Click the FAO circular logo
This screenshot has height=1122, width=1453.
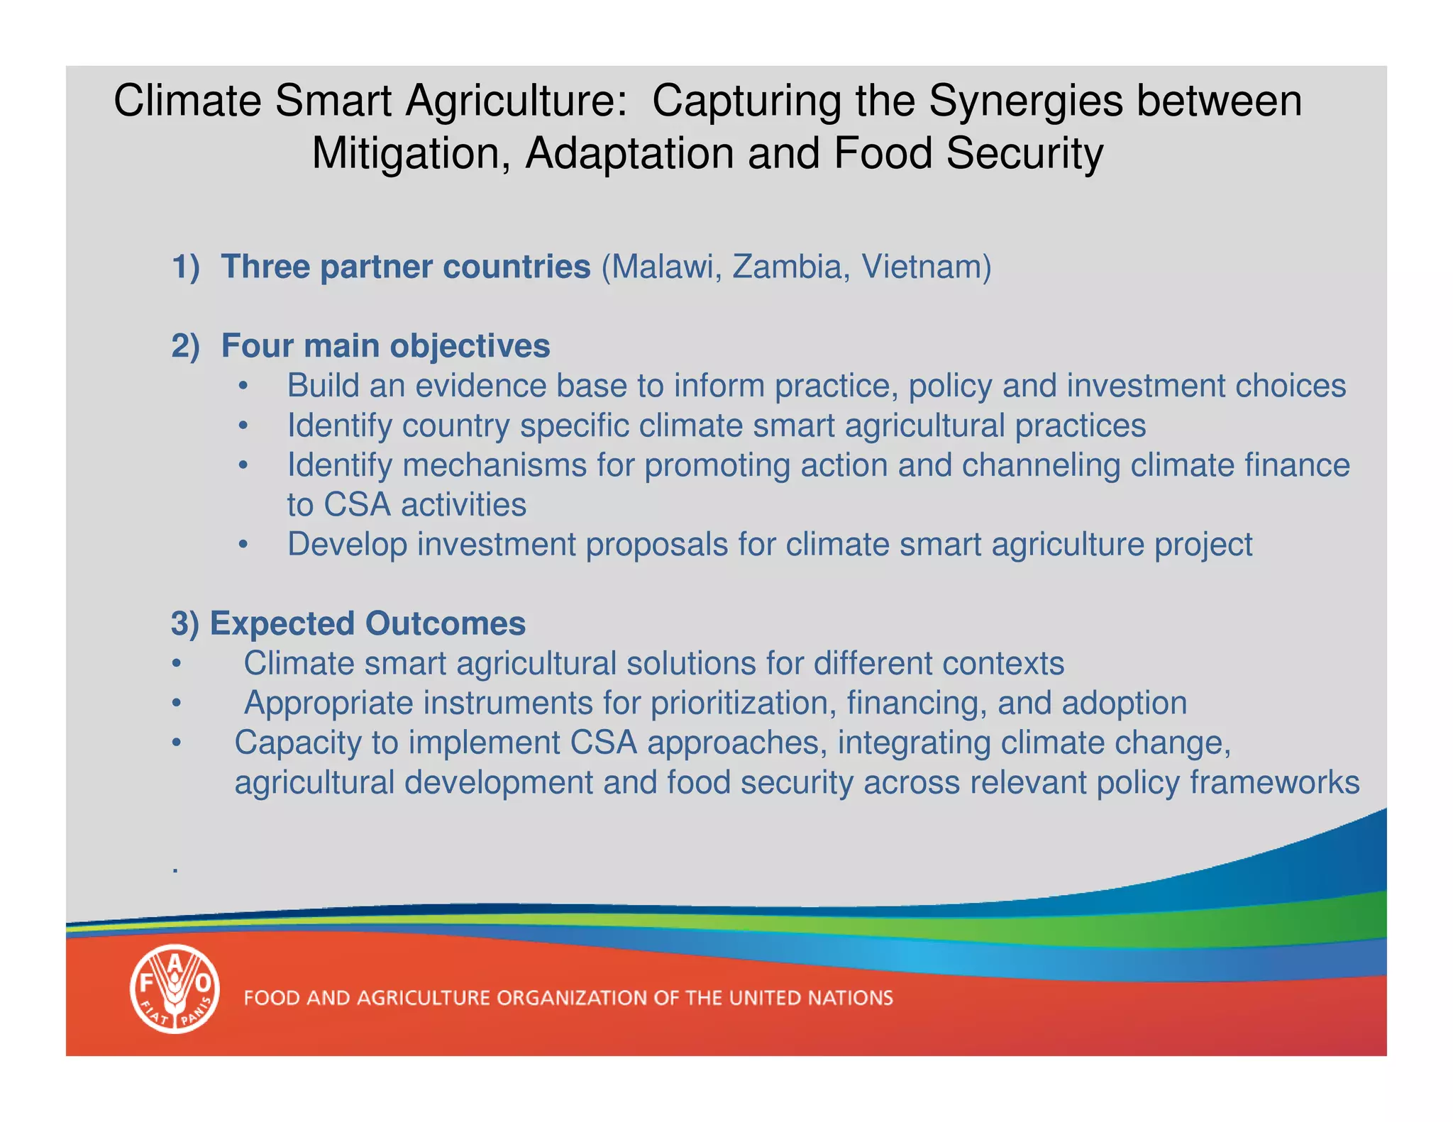(175, 989)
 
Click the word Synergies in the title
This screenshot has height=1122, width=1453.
(1026, 101)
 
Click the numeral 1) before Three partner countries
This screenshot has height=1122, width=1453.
(185, 267)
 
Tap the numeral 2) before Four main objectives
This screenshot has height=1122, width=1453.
(185, 347)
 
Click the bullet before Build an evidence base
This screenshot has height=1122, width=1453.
(243, 387)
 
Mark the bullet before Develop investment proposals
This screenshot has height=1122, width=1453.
(243, 545)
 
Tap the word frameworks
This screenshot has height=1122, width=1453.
(1274, 783)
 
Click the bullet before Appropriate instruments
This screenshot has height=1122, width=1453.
(177, 704)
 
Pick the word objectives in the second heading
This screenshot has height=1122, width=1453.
(470, 347)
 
